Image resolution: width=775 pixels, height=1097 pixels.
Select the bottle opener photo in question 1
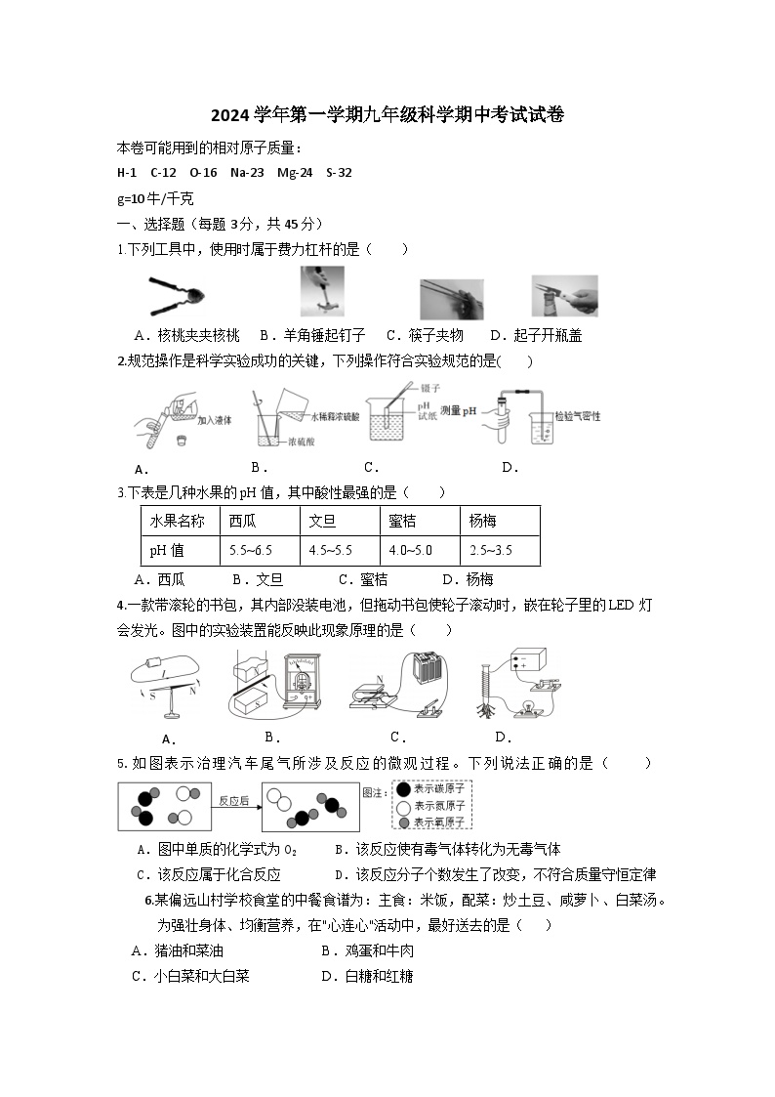(564, 296)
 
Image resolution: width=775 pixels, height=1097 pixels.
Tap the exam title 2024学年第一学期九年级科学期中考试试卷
(387, 114)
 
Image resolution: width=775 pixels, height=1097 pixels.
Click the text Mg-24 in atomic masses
(295, 173)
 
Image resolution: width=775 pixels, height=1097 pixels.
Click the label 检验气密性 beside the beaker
(576, 415)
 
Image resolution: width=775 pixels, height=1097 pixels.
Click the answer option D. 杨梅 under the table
(468, 579)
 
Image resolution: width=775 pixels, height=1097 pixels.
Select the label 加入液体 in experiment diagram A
(212, 421)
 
